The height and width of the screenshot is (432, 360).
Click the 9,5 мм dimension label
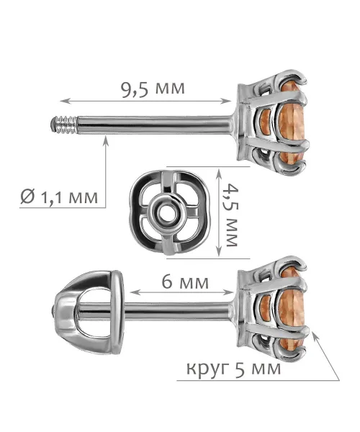[x=153, y=89]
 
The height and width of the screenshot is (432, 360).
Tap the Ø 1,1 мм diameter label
[x=59, y=197]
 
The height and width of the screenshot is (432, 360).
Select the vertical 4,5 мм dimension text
[x=230, y=215]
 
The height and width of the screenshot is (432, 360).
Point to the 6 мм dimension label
[x=185, y=282]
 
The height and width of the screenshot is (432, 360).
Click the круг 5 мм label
[x=233, y=368]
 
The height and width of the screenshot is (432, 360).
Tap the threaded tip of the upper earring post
[x=63, y=125]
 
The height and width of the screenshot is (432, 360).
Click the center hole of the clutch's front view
[x=167, y=213]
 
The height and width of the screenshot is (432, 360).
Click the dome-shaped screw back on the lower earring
[x=88, y=312]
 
